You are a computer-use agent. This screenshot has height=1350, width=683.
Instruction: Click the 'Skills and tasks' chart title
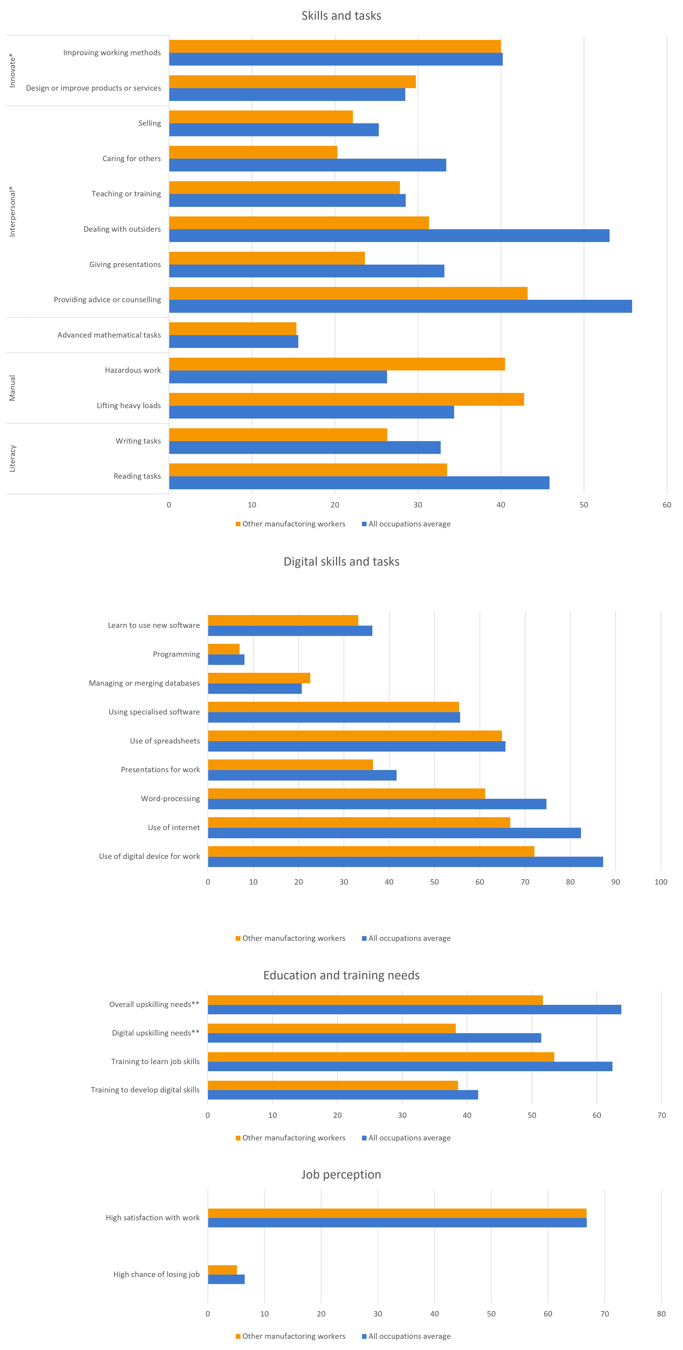[341, 16]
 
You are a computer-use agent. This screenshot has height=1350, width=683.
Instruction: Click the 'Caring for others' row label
[132, 158]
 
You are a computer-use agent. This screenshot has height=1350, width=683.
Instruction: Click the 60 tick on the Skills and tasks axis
[666, 505]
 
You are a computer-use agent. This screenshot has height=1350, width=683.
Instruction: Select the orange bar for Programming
[224, 649]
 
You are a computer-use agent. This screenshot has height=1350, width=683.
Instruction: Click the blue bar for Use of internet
[394, 833]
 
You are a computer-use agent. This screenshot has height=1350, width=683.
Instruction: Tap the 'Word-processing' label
[170, 798]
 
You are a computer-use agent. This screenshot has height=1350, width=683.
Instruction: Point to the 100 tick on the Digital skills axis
[660, 881]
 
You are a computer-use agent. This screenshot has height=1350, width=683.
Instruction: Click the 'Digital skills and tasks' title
[341, 561]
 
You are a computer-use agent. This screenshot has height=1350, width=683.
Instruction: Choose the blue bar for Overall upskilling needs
[414, 1009]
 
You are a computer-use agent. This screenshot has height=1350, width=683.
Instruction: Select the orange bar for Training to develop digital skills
[333, 1085]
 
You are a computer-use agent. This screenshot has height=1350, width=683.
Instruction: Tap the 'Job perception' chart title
[341, 1174]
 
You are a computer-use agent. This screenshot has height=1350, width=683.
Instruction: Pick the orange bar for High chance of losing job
[222, 1269]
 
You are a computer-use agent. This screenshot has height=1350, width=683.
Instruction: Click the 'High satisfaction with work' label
[153, 1217]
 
